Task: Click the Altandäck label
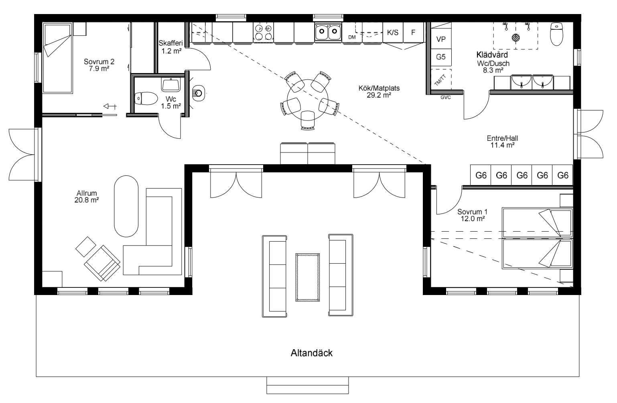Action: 312,353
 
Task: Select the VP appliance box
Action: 441,39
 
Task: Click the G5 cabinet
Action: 441,57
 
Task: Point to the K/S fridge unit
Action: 393,32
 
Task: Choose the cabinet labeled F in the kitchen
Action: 413,32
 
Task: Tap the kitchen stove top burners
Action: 263,32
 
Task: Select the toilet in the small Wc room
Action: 146,98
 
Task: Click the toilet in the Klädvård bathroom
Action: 556,34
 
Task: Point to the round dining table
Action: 308,100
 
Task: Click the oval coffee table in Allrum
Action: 126,206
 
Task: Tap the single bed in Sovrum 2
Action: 58,58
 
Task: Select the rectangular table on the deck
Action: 307,277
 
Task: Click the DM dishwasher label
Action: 352,37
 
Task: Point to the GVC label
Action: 445,97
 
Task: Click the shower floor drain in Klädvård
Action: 516,37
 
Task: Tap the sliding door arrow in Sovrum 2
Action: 110,106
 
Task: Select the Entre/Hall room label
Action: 502,142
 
